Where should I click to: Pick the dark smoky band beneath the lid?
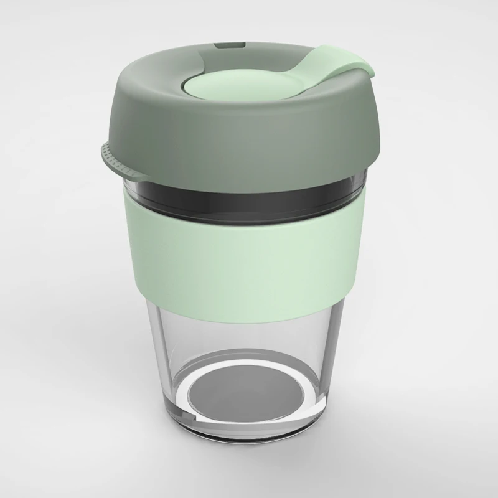click(x=249, y=196)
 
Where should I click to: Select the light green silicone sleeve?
click(x=249, y=249)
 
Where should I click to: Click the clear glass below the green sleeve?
click(x=249, y=324)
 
